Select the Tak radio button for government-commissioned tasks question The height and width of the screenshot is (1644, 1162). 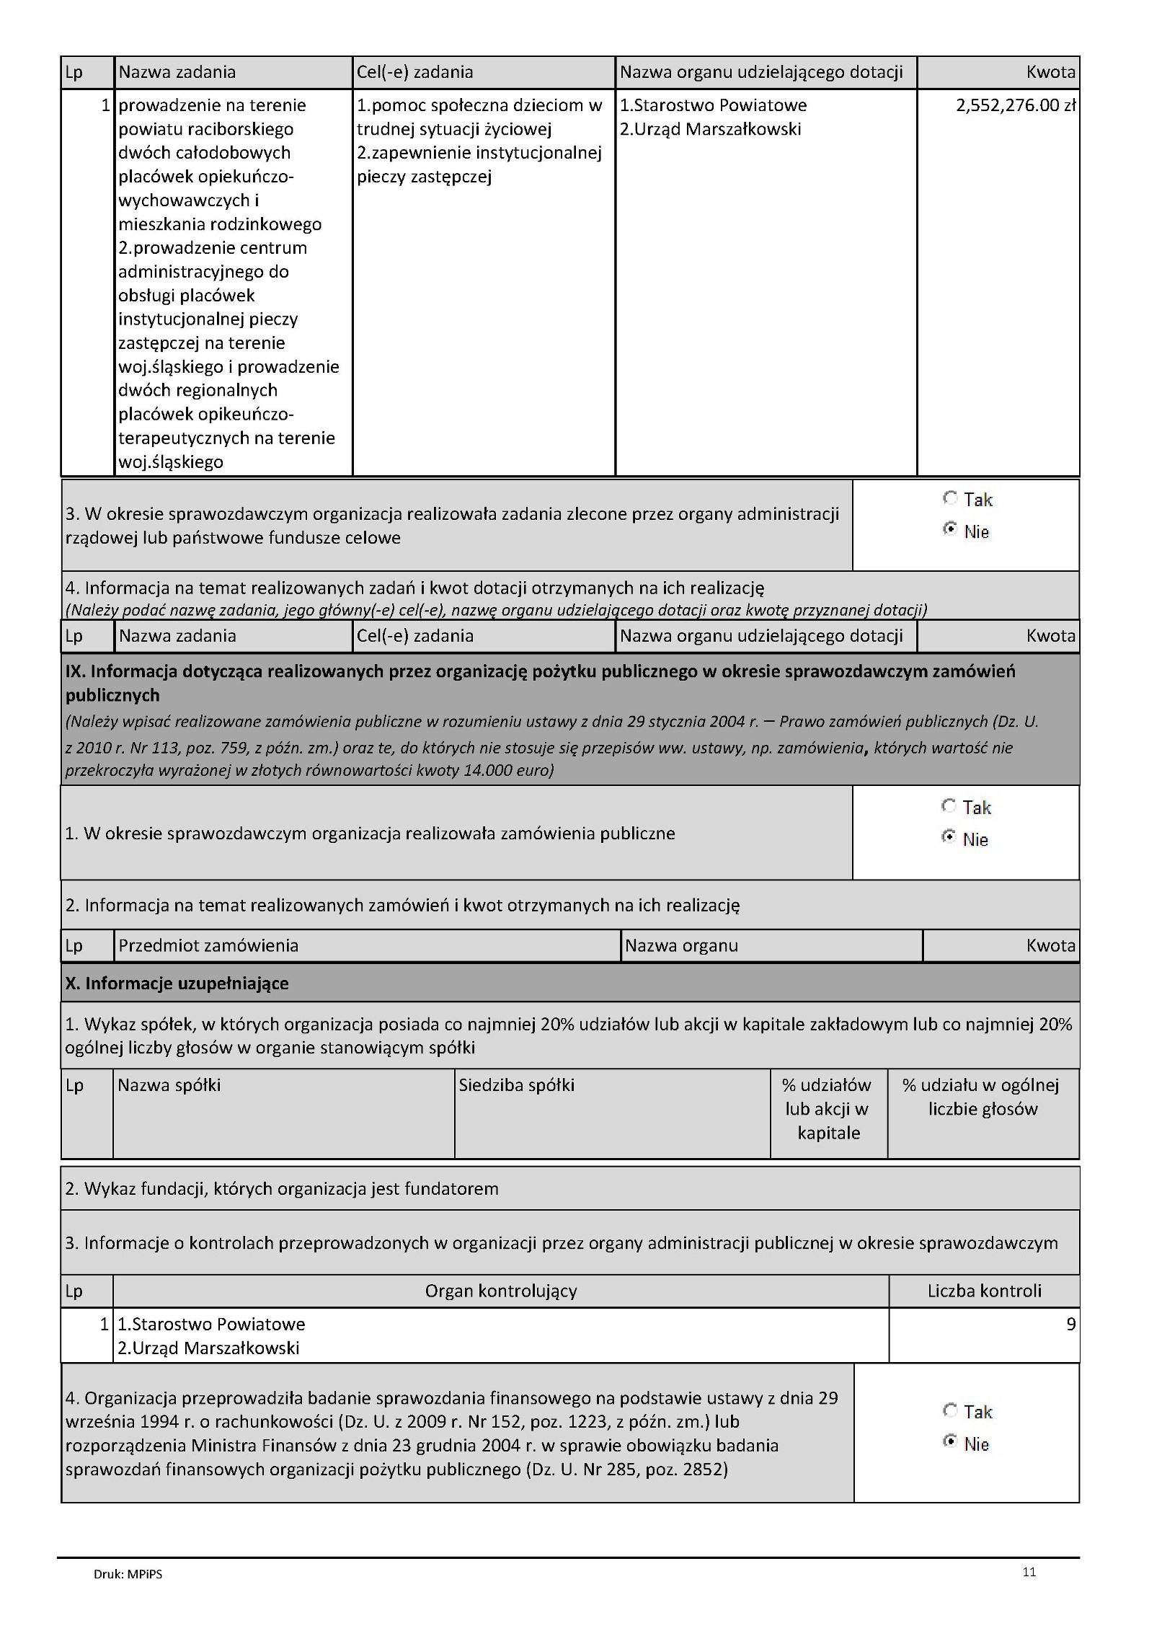950,498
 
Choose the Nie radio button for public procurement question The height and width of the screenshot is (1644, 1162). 949,838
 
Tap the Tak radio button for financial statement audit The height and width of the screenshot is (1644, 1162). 950,1410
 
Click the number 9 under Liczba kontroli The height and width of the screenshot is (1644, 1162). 1070,1324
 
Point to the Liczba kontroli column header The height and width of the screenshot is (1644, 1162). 984,1290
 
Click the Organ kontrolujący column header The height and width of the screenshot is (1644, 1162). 500,1290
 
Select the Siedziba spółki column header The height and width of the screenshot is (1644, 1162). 516,1085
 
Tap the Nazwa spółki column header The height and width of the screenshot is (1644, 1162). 169,1085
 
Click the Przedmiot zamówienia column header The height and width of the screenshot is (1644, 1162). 208,945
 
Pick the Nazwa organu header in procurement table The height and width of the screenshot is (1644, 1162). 681,945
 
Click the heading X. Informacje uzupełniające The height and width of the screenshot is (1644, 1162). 177,984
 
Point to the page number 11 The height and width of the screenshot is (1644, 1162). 1029,1572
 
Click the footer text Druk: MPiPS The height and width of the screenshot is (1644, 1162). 128,1574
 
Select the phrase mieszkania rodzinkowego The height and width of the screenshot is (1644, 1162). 220,224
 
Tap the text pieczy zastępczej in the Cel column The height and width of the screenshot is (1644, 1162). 424,177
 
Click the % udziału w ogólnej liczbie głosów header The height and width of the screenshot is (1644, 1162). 983,1097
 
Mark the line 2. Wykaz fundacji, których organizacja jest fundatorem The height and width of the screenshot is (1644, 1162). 282,1188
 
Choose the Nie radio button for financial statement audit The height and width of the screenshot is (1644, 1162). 950,1442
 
